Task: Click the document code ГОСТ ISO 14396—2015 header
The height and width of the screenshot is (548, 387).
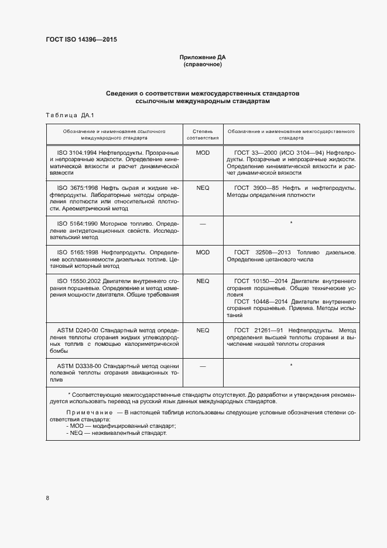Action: (85, 40)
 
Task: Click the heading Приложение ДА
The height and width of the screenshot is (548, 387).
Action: (203, 57)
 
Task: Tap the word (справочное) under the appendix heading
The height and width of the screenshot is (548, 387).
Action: (203, 64)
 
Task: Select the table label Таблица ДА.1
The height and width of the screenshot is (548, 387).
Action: (66, 115)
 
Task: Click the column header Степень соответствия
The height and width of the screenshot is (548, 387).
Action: (203, 135)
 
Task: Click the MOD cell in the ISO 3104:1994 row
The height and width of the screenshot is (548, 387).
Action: (203, 152)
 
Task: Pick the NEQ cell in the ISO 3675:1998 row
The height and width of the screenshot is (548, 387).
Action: (203, 188)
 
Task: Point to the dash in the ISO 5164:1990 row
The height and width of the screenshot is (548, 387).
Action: (203, 223)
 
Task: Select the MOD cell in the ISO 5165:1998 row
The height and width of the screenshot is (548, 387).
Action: (203, 252)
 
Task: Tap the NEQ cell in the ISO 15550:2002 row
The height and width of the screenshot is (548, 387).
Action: (203, 281)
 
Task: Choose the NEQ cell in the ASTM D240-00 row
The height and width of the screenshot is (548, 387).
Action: (203, 330)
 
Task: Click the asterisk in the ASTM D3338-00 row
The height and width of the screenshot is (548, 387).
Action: (291, 366)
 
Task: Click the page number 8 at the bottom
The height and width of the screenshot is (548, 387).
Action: (47, 498)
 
